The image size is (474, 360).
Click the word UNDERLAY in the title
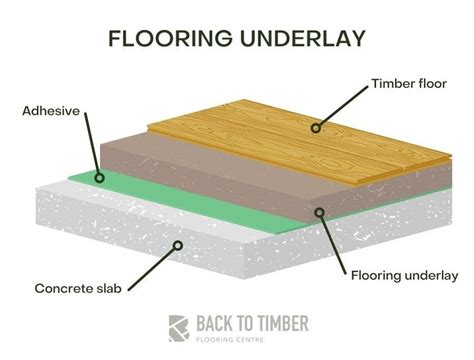click(x=300, y=38)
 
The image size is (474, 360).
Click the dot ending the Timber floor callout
click(x=315, y=127)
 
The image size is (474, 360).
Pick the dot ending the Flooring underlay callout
click(x=318, y=211)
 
